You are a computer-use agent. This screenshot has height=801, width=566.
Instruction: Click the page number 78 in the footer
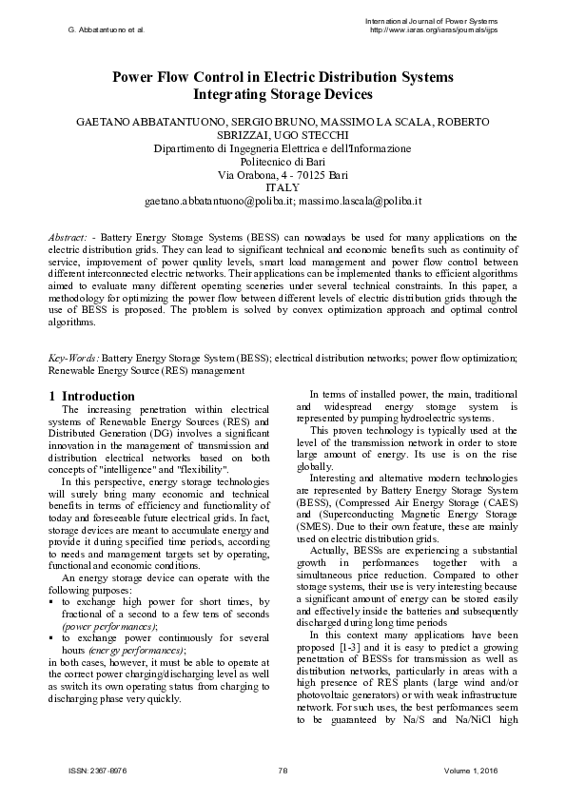(283, 770)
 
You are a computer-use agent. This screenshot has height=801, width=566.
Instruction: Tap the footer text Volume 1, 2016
(481, 770)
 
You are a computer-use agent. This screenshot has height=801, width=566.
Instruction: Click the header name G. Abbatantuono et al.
(106, 29)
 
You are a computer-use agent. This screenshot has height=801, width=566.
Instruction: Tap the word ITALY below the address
(283, 188)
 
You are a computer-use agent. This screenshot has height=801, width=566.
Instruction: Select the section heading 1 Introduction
(91, 396)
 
